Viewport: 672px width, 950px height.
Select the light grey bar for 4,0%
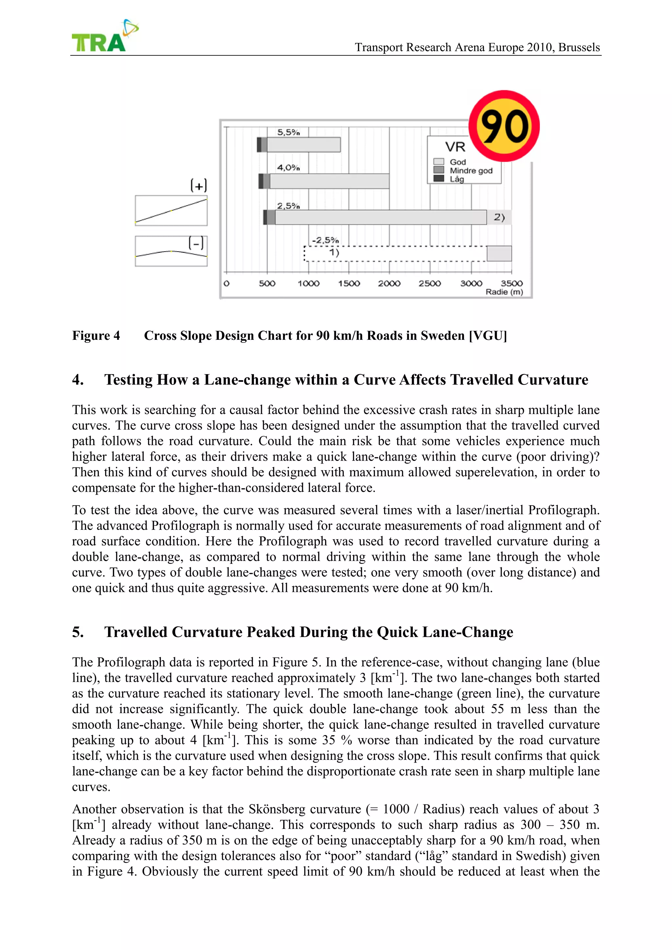coord(329,181)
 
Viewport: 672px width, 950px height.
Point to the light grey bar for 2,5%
coord(381,217)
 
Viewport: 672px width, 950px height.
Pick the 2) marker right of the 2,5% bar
coord(499,217)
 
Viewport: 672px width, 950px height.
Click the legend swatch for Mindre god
coord(439,170)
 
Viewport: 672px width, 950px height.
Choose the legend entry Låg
coord(457,179)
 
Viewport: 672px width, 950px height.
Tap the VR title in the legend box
coord(455,147)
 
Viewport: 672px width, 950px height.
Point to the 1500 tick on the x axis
coord(349,283)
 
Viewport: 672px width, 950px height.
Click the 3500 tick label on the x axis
coord(512,283)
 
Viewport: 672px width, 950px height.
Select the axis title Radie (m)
coord(504,292)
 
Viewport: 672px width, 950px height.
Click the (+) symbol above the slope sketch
coord(199,185)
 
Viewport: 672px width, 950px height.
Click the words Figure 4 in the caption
coord(96,336)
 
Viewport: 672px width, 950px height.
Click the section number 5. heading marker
coord(78,632)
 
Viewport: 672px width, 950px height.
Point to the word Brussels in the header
coord(579,47)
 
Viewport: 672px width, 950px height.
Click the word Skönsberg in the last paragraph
coord(276,809)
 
